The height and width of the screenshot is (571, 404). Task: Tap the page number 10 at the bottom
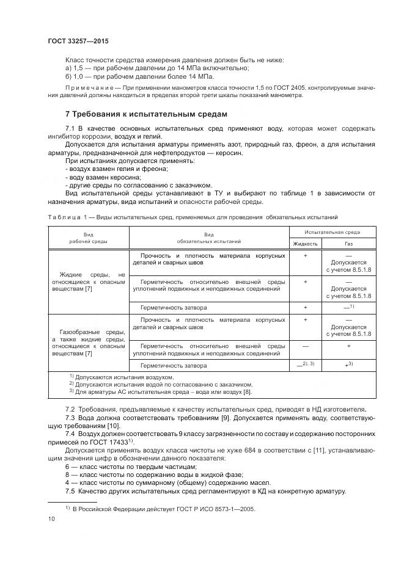(x=51, y=518)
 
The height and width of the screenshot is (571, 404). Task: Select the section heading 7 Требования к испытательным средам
(x=146, y=114)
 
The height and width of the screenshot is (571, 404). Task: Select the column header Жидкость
(x=305, y=242)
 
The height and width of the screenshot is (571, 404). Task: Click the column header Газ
(x=348, y=242)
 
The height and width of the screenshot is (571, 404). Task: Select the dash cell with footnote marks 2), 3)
(x=304, y=364)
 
